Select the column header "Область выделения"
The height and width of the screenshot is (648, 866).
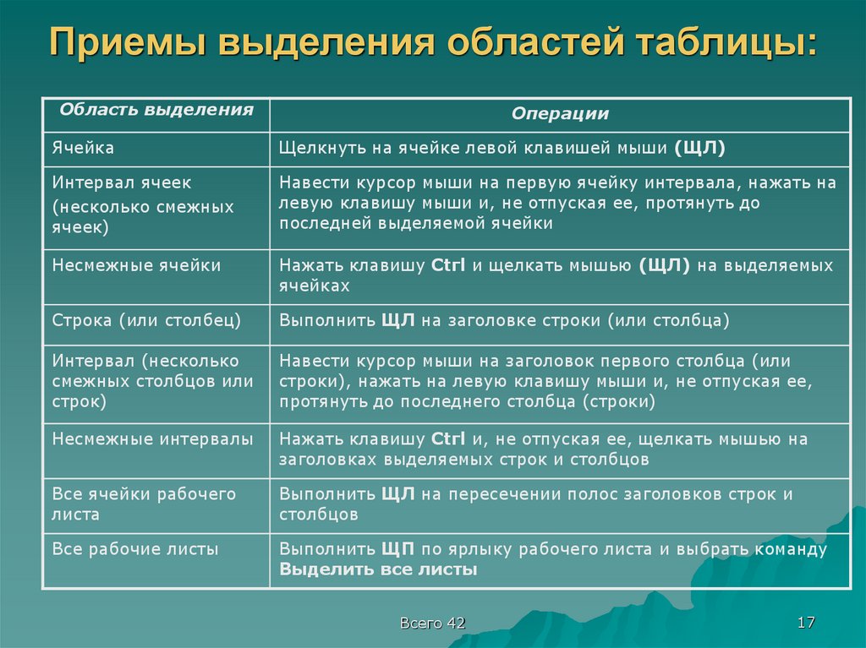click(156, 110)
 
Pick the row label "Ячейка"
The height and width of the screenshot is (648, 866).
click(84, 148)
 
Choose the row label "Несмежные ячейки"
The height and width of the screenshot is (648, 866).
click(136, 265)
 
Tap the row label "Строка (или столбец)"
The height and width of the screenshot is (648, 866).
click(146, 320)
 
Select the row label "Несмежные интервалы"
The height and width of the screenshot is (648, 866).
click(152, 439)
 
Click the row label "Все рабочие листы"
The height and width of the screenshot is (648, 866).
click(135, 549)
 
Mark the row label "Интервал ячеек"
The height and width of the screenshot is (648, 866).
click(122, 182)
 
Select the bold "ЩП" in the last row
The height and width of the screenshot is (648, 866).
click(397, 549)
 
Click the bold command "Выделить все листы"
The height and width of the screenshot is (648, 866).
click(378, 569)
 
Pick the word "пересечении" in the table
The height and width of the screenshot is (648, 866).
click(491, 494)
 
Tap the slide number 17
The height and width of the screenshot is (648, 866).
click(806, 623)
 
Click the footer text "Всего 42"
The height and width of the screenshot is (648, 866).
click(433, 623)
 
